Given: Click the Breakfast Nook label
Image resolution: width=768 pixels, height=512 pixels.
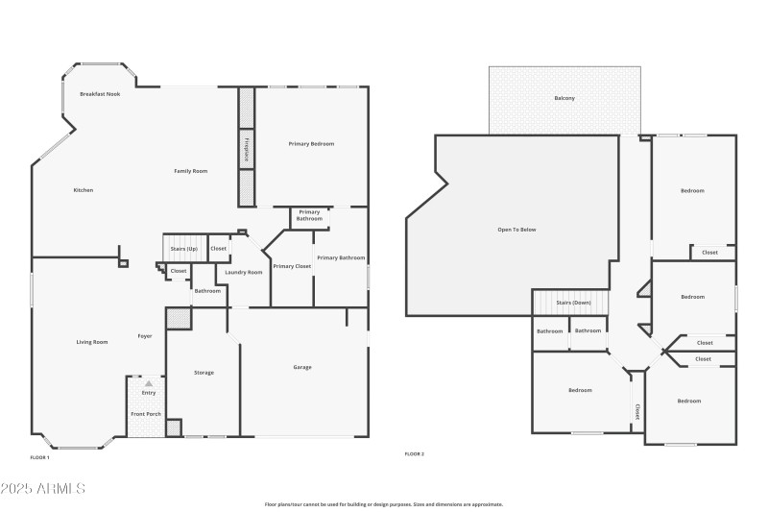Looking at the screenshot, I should [x=100, y=94].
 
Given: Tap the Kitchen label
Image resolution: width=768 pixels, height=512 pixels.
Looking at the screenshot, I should [x=84, y=190].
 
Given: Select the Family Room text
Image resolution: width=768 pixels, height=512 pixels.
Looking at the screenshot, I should [x=190, y=171].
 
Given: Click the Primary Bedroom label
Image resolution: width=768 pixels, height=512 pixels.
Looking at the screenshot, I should [x=311, y=143].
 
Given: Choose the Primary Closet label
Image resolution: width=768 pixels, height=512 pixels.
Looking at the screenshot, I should [x=292, y=266].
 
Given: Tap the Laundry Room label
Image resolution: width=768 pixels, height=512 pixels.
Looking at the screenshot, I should [x=244, y=273].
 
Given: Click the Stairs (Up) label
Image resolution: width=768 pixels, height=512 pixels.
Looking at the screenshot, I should [x=183, y=249].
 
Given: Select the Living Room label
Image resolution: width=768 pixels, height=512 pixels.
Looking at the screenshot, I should [x=92, y=342].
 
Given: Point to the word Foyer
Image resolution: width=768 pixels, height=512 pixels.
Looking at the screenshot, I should [x=145, y=336].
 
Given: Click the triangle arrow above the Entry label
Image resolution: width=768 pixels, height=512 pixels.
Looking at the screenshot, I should [x=149, y=383].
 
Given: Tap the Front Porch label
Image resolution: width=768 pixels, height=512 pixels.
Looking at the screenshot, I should [x=146, y=414].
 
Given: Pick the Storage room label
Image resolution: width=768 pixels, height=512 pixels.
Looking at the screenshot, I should [x=204, y=372].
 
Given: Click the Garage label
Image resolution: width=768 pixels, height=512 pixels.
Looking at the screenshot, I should [x=301, y=367].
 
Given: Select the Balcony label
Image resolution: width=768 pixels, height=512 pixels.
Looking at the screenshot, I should [x=564, y=98].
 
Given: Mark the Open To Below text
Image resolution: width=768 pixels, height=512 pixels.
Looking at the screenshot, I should [x=516, y=231].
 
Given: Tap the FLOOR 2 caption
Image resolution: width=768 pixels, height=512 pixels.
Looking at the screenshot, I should [x=414, y=453].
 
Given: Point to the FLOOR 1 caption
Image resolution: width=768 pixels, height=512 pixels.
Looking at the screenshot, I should [x=39, y=457].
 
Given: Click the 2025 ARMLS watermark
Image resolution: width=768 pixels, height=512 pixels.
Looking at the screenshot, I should [x=43, y=489].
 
